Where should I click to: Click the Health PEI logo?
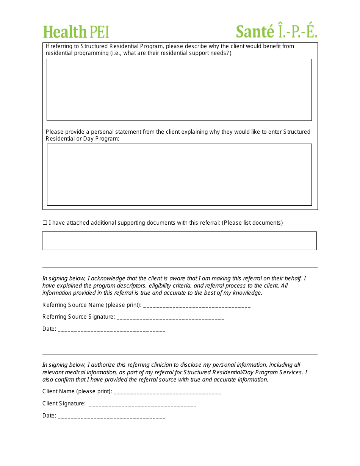pyautogui.click(x=76, y=32)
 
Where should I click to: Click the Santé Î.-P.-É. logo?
pyautogui.click(x=276, y=31)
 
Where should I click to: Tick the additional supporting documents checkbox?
pyautogui.click(x=45, y=223)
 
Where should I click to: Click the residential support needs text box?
pyautogui.click(x=179, y=90)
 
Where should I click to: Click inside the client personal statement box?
pyautogui.click(x=179, y=175)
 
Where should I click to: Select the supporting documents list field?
pyautogui.click(x=179, y=241)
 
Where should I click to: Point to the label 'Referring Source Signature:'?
pyautogui.click(x=78, y=317)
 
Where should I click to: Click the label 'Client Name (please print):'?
pyautogui.click(x=77, y=391)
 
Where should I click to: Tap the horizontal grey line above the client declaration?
pyautogui.click(x=180, y=354)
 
